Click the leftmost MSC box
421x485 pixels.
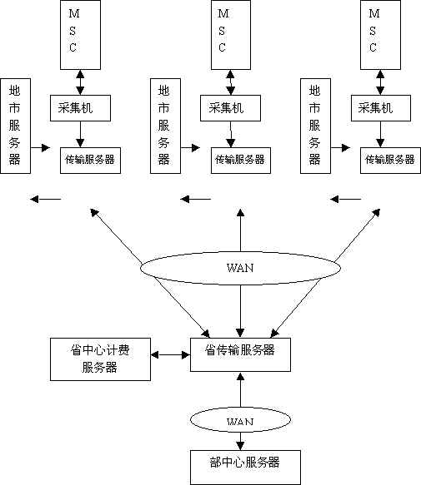tap(80, 35)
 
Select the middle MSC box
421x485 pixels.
tap(231, 35)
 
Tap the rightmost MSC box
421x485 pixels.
tap(380, 35)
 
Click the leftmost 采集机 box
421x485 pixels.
tap(80, 108)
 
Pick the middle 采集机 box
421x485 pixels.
tap(230, 108)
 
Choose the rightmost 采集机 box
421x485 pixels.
tap(381, 108)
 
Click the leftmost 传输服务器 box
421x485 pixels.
tap(90, 161)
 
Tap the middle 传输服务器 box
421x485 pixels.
tap(241, 161)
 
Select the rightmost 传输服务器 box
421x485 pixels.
tap(390, 161)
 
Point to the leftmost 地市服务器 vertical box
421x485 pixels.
tap(16, 126)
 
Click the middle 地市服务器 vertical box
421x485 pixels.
tap(165, 126)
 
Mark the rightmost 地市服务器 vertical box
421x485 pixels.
tap(315, 126)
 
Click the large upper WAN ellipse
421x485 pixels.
tap(240, 268)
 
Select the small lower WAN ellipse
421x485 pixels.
tap(240, 420)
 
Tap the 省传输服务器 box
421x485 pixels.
tap(240, 354)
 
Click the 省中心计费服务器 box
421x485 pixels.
tap(100, 359)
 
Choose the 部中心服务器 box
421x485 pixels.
tap(245, 467)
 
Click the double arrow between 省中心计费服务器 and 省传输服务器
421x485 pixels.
tap(171, 354)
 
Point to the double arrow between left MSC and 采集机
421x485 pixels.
tap(80, 82)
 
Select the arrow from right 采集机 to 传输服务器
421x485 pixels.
tap(380, 134)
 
